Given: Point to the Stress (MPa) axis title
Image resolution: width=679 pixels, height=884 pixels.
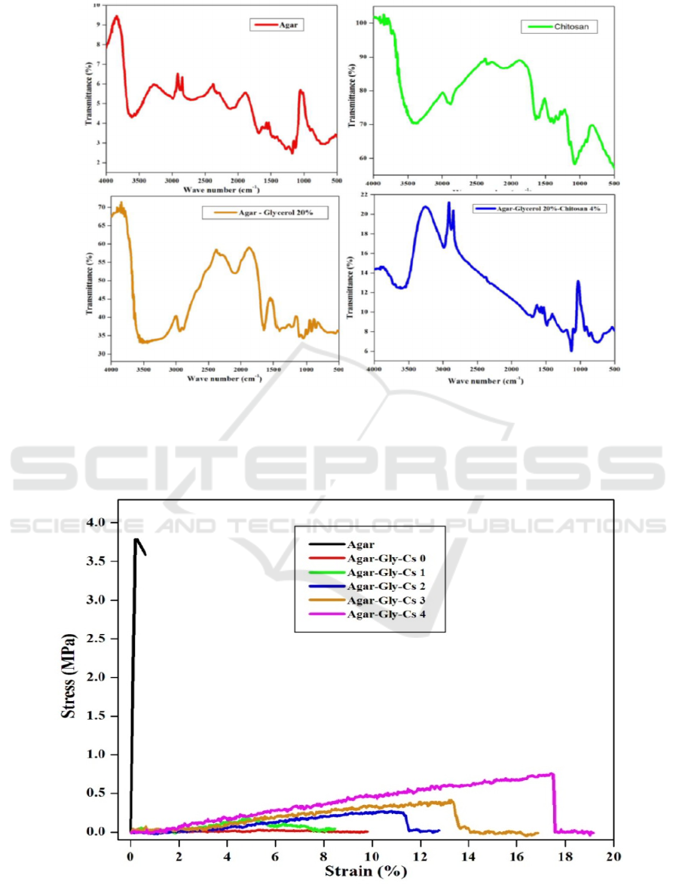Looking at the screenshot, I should point(69,678).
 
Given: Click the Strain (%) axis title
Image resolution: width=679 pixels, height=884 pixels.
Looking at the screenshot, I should point(365,871).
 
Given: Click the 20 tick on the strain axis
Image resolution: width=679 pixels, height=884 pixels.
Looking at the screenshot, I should point(613,856).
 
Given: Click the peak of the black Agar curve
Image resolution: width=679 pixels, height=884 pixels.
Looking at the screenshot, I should point(136,539).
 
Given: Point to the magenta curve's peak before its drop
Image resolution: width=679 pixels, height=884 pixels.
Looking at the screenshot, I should point(552,773).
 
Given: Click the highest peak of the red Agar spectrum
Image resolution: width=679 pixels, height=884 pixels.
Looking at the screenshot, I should point(116,16).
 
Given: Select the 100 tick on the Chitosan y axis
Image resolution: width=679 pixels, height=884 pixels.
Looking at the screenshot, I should point(361,23).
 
